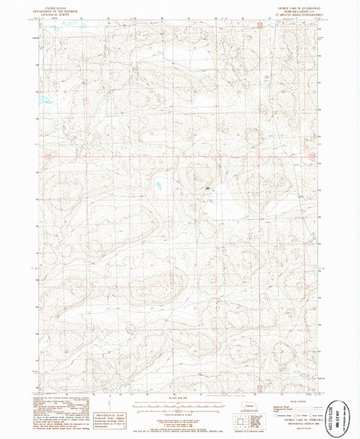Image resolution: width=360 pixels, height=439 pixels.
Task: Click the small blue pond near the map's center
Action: point(159,184)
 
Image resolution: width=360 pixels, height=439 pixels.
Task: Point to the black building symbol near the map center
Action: point(207,186)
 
